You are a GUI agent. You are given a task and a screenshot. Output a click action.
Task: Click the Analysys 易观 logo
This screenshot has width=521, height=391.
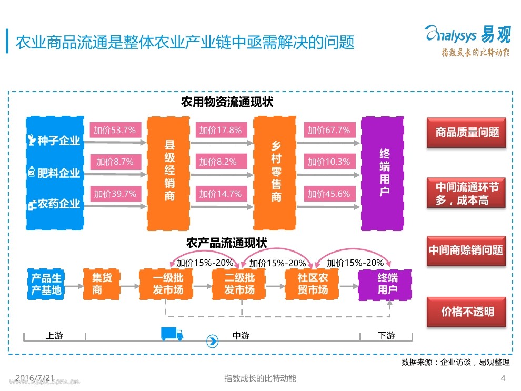[467, 41]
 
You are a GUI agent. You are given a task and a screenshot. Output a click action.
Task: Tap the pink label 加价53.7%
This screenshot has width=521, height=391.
[115, 130]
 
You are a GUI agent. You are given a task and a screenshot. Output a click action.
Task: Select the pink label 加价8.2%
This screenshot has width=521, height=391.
[221, 162]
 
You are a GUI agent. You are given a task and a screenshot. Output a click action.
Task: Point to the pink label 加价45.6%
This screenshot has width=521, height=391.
[329, 194]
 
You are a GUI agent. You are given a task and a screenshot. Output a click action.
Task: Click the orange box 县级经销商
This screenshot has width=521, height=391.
[168, 174]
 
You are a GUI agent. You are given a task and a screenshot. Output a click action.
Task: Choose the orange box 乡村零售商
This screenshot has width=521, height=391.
[275, 173]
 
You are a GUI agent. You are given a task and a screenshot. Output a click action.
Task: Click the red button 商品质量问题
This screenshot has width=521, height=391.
[466, 133]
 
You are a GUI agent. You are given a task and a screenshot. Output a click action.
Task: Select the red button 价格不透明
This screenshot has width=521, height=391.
[466, 312]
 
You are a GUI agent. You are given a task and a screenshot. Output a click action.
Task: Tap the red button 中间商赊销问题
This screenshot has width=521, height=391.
[466, 251]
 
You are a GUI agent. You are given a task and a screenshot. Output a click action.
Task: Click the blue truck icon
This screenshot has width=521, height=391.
[172, 334]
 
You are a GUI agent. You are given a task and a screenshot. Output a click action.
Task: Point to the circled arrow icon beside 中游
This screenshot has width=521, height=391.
[212, 341]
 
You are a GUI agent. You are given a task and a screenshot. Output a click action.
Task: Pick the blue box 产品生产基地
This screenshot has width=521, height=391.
[46, 284]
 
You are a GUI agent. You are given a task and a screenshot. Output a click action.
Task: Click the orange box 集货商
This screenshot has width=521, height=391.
[102, 284]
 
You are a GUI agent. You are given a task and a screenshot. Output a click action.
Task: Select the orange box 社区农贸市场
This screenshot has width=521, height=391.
[312, 284]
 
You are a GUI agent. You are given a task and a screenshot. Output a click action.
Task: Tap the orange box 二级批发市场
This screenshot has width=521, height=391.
[238, 284]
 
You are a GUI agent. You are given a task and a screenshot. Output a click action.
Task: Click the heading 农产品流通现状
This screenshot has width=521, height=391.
[227, 243]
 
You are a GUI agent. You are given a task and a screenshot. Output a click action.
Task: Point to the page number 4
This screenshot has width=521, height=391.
[503, 378]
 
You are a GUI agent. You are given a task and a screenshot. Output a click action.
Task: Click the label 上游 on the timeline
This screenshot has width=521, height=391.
[55, 335]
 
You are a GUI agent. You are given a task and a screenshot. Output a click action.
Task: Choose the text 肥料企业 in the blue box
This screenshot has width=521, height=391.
[59, 173]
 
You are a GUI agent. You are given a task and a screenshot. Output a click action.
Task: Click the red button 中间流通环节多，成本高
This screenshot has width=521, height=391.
[466, 193]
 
